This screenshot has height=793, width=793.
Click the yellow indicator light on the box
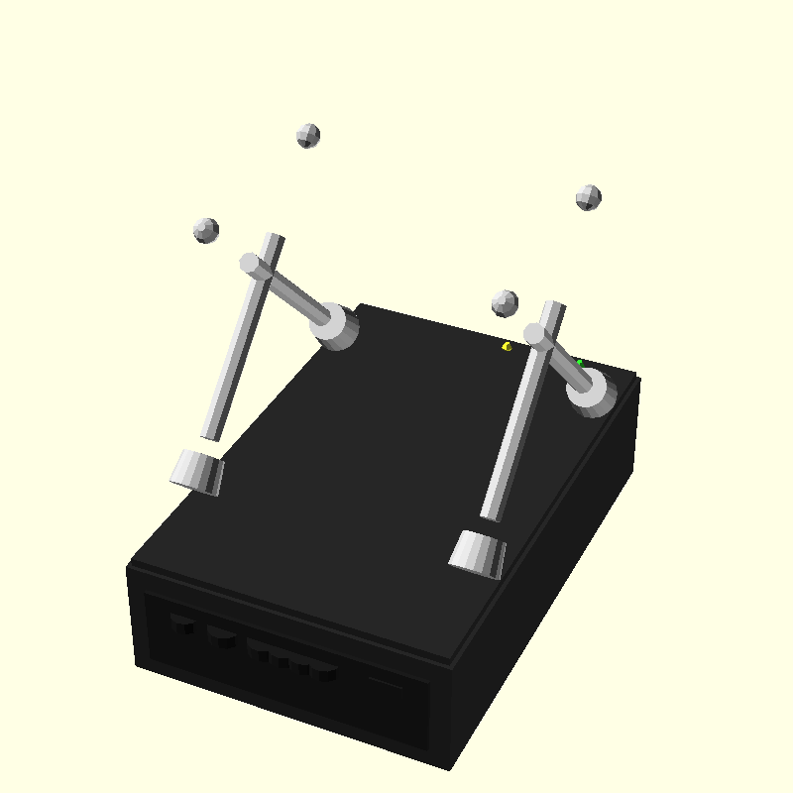coord(507,346)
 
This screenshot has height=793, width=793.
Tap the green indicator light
coord(580,363)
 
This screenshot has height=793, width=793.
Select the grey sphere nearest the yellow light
coord(505,303)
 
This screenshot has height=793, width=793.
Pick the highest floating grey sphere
coord(308,136)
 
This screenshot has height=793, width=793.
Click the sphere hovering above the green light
coord(589,197)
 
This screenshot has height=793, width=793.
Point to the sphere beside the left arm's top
coord(206,231)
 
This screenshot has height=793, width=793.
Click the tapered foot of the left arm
coord(197,472)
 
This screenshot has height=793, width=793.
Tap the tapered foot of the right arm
coord(478,553)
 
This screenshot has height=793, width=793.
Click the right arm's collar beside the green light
coord(592,390)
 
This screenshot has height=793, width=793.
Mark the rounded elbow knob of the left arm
coord(250,263)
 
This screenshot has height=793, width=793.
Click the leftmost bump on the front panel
coord(181,623)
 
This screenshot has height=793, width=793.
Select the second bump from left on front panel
coord(221,635)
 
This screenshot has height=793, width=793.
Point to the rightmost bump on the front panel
coord(324,673)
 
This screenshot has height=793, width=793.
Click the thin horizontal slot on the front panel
coord(386,681)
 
